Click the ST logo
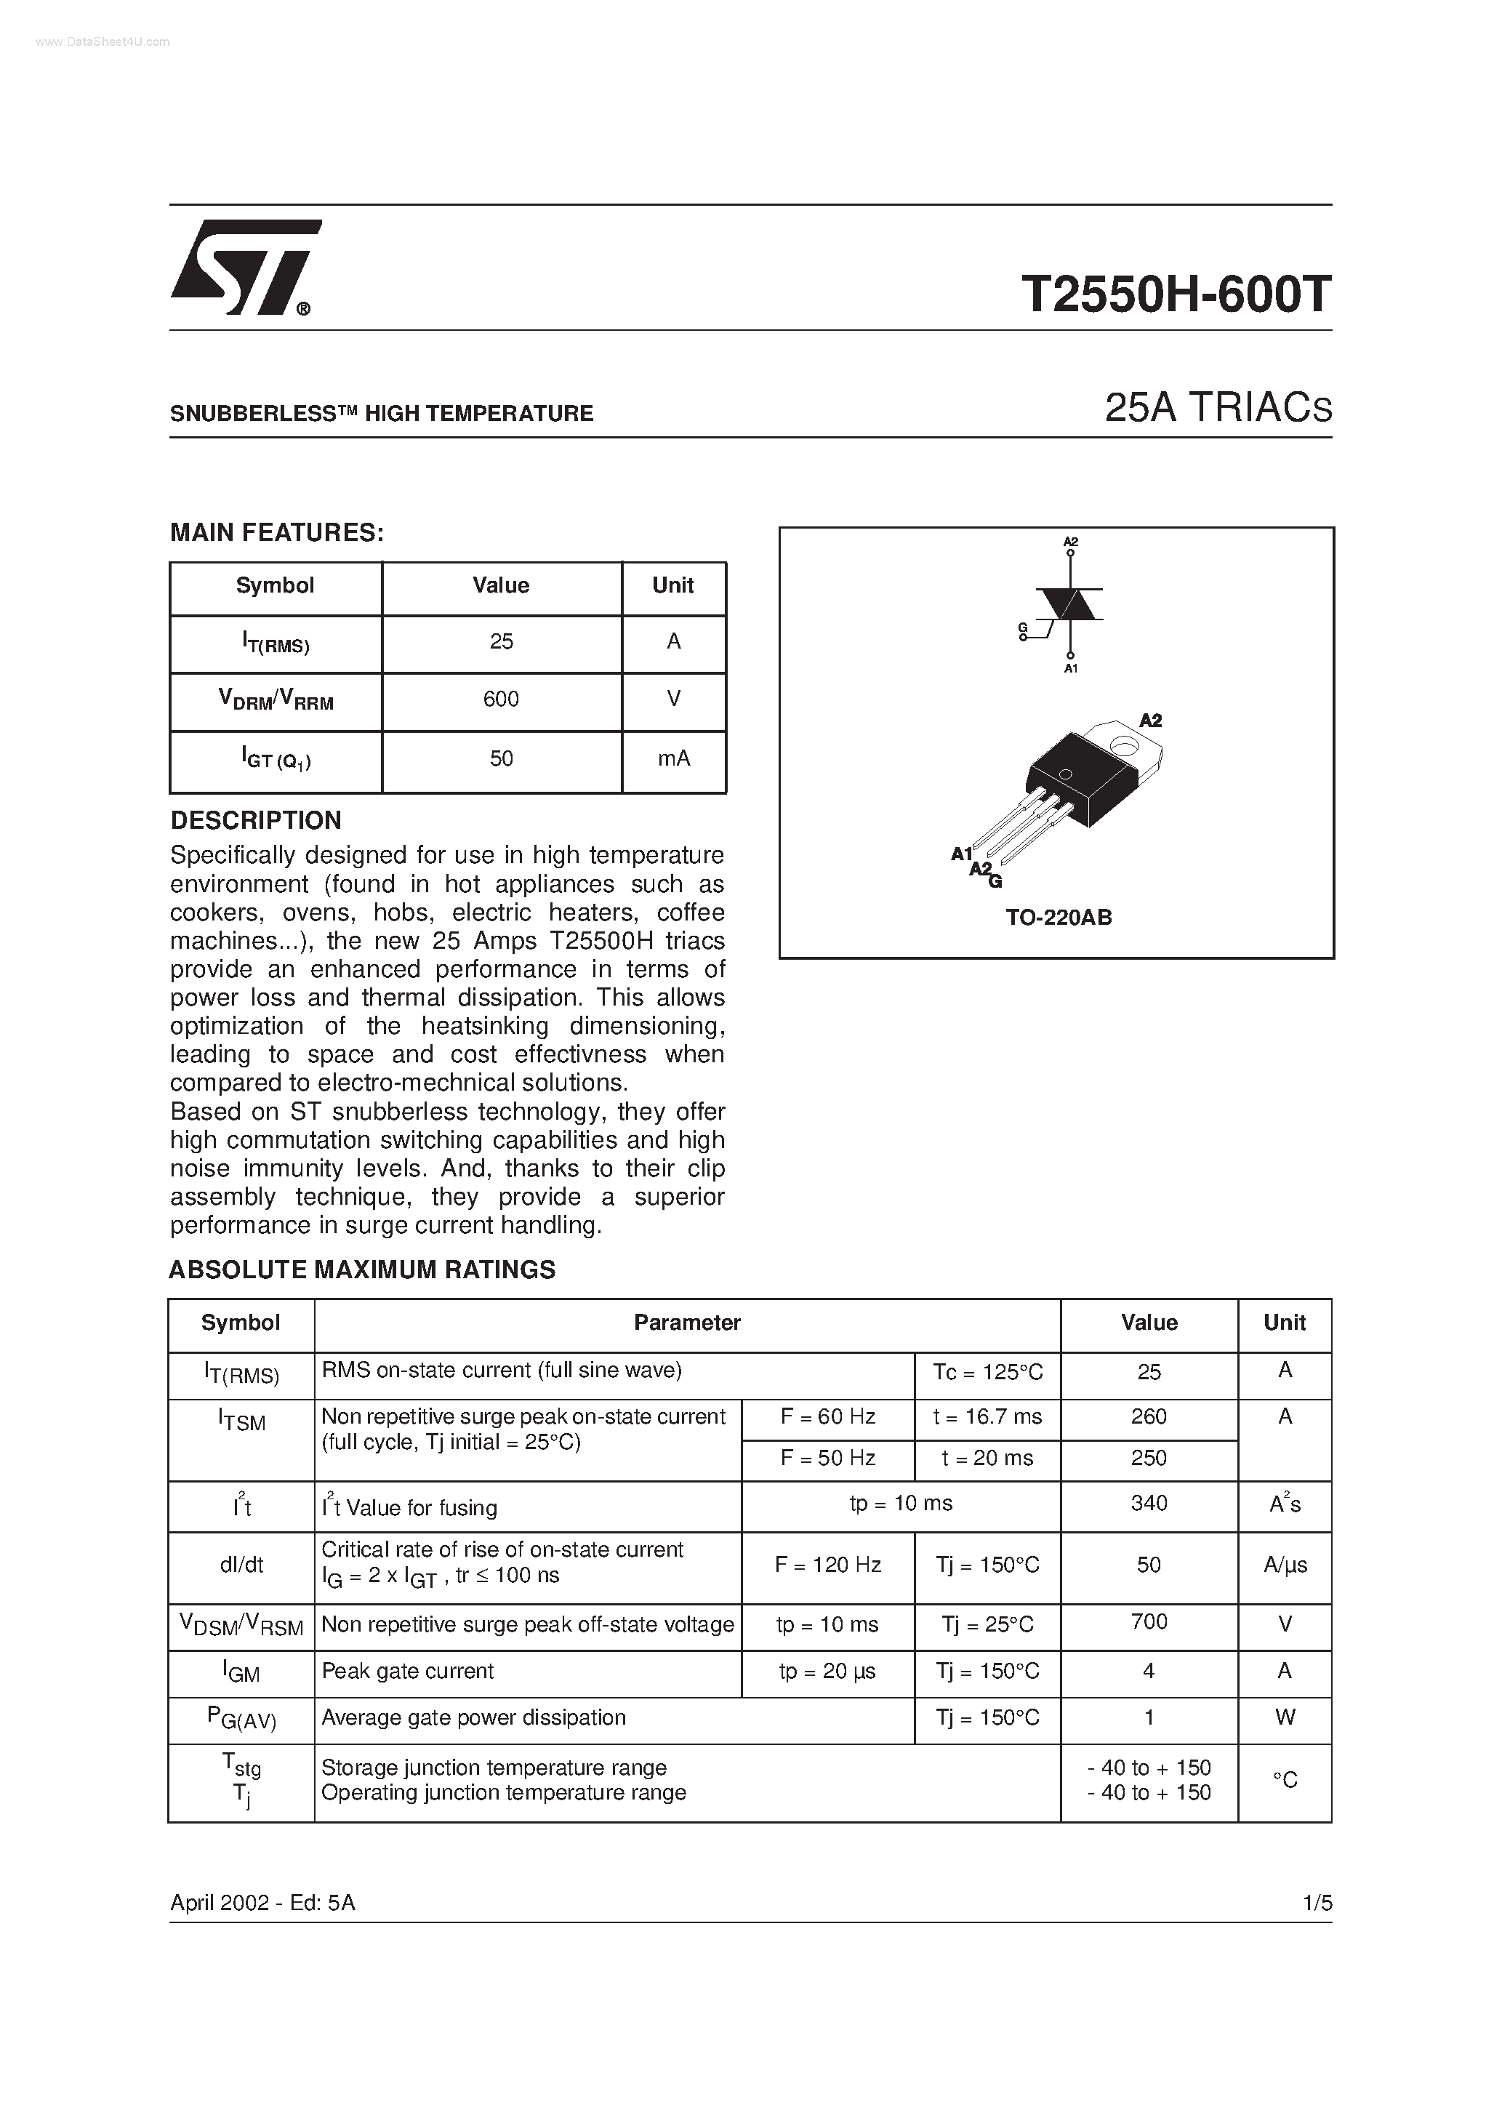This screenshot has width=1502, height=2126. coord(244,268)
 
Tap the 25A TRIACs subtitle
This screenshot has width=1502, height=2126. coord(1218,409)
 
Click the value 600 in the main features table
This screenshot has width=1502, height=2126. coord(501,699)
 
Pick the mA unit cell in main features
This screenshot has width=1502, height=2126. coord(673,758)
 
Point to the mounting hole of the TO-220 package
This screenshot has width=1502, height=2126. coord(1124,744)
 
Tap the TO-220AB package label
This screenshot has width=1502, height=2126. coord(1059,918)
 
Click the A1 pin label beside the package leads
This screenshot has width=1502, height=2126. coord(962,854)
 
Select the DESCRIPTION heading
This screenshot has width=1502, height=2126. coord(256,820)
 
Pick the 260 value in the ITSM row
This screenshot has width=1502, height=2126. coord(1148,1416)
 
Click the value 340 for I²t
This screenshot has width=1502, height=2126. coord(1148,1503)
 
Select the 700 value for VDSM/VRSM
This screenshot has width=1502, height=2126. coord(1148,1621)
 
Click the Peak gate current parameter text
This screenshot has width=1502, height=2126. coord(407,1672)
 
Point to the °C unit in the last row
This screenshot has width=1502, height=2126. coord(1285,1780)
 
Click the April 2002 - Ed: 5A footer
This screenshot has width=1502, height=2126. coord(262,1903)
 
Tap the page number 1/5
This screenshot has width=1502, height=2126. coord(1316,1903)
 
